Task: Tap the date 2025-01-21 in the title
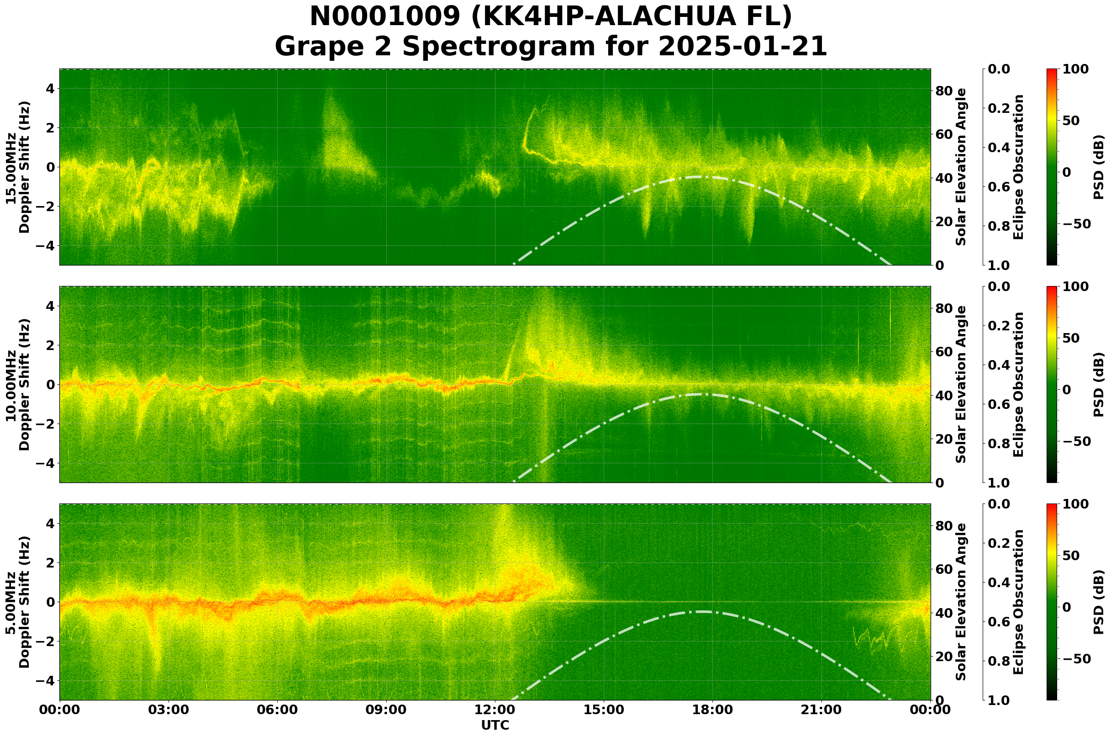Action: point(742,47)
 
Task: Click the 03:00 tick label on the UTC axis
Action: point(168,710)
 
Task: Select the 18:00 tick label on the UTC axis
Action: point(712,710)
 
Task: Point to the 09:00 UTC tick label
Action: point(386,710)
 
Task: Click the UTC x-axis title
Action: point(495,725)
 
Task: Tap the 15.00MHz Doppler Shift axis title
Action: point(17,167)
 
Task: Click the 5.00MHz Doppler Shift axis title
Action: point(17,602)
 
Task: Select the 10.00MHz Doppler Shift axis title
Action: point(17,384)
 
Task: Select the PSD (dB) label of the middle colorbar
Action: point(1098,384)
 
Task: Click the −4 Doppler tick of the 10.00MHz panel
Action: point(47,463)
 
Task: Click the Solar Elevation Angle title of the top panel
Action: point(961,167)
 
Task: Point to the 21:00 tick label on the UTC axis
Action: point(821,710)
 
